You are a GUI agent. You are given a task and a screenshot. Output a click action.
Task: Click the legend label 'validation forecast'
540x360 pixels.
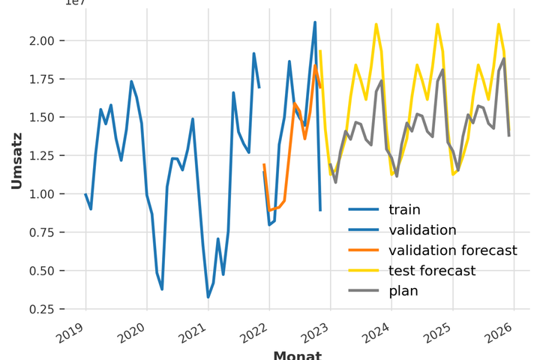[x=452, y=250]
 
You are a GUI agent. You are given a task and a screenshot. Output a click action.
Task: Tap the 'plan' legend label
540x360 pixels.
[x=403, y=291]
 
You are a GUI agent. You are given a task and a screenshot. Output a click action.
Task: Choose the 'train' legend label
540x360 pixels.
[x=404, y=210]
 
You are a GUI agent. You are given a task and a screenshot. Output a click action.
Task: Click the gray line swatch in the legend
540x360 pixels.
[x=363, y=291]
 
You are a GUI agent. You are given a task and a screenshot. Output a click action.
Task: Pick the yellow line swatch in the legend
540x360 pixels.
[x=363, y=271]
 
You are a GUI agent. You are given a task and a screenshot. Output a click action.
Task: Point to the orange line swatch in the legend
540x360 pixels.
[x=363, y=250]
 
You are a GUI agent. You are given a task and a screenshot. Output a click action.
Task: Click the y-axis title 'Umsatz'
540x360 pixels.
[x=16, y=160]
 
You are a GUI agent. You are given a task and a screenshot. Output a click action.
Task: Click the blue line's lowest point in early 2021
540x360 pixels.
[x=208, y=297]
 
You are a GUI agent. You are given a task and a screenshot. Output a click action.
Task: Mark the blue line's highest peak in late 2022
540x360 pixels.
[x=315, y=22]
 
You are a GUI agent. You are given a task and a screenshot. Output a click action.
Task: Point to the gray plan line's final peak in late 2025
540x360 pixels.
[x=504, y=58]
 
